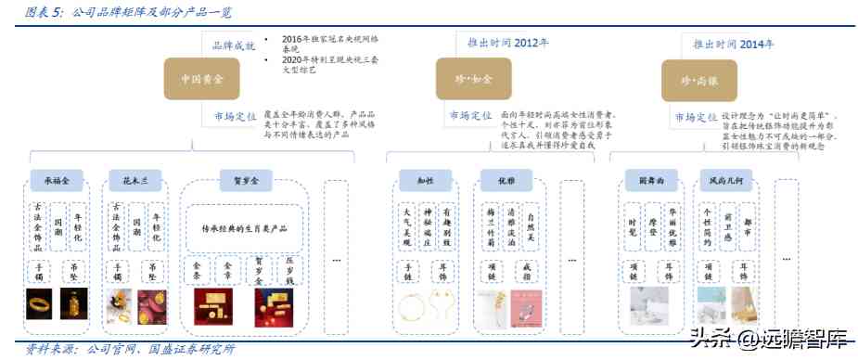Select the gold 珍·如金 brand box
466,82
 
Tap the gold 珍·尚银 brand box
692,82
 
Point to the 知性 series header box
424,178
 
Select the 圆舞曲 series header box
648,178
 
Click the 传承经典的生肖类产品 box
245,227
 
